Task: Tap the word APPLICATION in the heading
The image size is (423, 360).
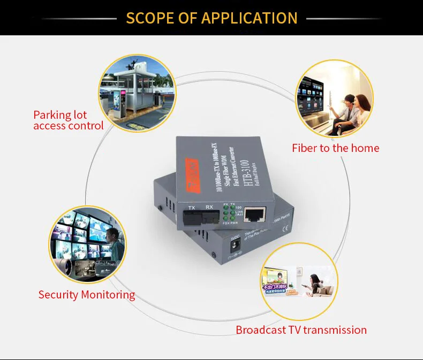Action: [249, 18]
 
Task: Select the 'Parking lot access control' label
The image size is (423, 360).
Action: [68, 120]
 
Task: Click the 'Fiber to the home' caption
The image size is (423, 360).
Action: [335, 148]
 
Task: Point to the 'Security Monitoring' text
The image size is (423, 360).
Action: [86, 295]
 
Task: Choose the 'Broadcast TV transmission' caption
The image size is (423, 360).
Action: [301, 330]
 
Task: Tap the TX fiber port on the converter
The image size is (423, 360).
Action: [194, 217]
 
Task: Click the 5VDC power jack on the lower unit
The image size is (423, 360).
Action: [234, 247]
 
